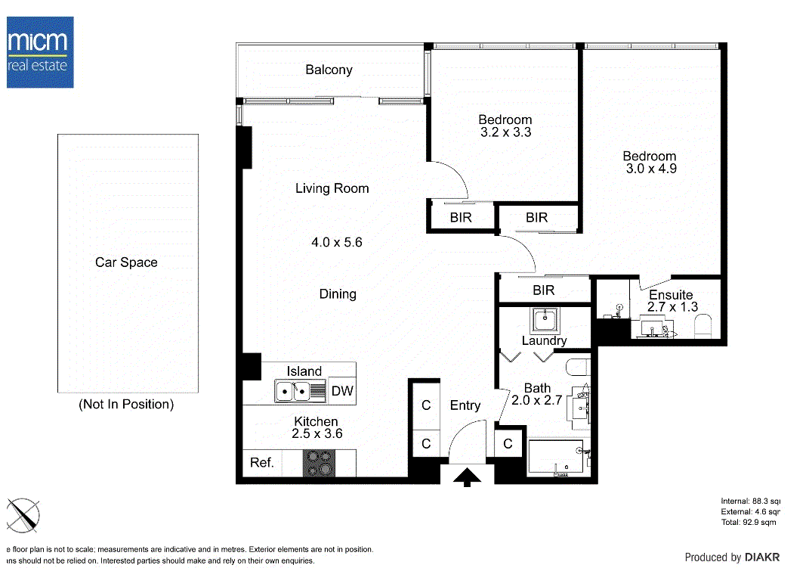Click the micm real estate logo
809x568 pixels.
40,51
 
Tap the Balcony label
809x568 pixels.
329,70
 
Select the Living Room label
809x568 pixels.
332,188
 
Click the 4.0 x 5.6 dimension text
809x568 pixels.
337,243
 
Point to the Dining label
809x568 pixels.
337,294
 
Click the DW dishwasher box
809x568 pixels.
342,392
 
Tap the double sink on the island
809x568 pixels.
301,392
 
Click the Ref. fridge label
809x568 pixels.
261,463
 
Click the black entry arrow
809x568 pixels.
468,476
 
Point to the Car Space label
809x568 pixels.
126,262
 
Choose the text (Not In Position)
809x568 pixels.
126,405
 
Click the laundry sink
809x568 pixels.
544,320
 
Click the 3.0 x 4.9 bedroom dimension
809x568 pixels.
650,169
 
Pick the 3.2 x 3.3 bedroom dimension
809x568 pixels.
505,132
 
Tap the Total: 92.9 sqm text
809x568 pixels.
749,523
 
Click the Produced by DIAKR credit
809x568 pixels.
731,557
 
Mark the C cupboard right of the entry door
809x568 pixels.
508,444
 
